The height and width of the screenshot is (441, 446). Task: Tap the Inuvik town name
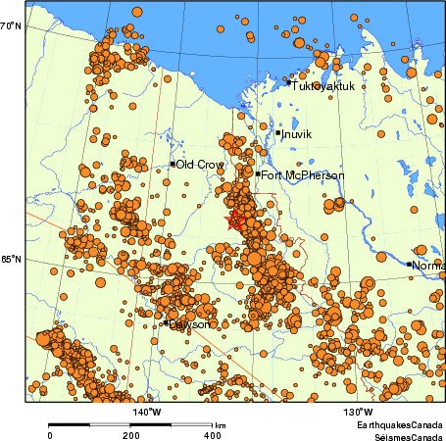(x=297, y=134)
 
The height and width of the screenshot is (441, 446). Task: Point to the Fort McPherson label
(x=303, y=175)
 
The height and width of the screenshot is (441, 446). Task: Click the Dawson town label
(x=189, y=323)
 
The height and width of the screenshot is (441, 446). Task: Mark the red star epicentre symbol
(x=234, y=221)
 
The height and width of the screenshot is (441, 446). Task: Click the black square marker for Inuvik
(x=278, y=132)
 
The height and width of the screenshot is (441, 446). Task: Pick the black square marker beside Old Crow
(x=173, y=164)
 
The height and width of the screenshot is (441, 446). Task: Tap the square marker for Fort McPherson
(x=258, y=174)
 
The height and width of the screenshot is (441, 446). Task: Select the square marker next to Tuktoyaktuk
(x=288, y=83)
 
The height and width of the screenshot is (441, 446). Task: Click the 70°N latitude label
(x=11, y=26)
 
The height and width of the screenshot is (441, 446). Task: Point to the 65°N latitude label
(x=11, y=260)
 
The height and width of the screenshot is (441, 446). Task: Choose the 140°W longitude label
(x=147, y=412)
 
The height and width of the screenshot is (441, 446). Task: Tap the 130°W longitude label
(x=358, y=412)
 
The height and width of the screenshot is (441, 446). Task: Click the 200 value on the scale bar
(x=131, y=434)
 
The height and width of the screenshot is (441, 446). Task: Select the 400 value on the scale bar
(x=213, y=434)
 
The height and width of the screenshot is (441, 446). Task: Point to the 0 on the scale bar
(x=50, y=434)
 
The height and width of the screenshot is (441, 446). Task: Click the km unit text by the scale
(x=221, y=425)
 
